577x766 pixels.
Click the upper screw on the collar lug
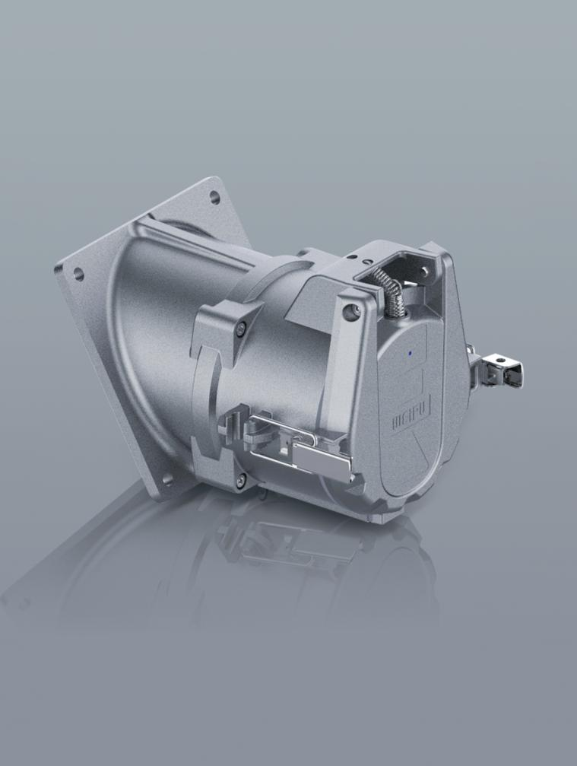240,327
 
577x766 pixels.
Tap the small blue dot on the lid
409,352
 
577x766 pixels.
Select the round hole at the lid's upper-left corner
349,310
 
